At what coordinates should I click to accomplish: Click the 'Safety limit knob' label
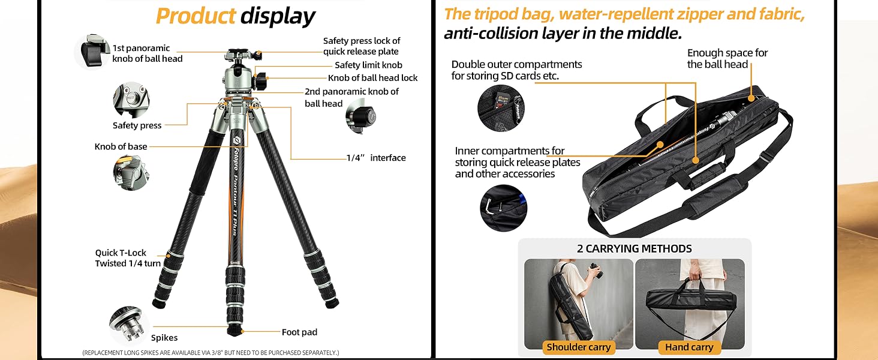[x=368, y=65]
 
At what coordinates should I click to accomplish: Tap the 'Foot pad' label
[x=299, y=332]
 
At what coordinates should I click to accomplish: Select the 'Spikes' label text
[x=164, y=338]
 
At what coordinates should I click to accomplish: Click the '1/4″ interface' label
[x=376, y=158]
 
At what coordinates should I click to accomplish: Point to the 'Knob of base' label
[x=121, y=146]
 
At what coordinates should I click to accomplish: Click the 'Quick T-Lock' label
[x=121, y=253]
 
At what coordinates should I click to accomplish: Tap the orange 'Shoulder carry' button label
[x=578, y=347]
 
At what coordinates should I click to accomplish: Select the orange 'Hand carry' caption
[x=689, y=347]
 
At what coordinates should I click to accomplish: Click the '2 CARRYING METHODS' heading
[x=634, y=248]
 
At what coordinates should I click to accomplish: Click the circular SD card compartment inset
[x=500, y=109]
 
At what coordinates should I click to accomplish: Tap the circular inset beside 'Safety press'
[x=131, y=100]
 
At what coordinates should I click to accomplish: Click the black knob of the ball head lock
[x=263, y=80]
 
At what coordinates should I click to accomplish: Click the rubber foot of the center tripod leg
[x=234, y=331]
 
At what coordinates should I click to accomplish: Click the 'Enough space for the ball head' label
[x=727, y=59]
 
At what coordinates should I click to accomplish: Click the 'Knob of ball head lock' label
[x=372, y=78]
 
